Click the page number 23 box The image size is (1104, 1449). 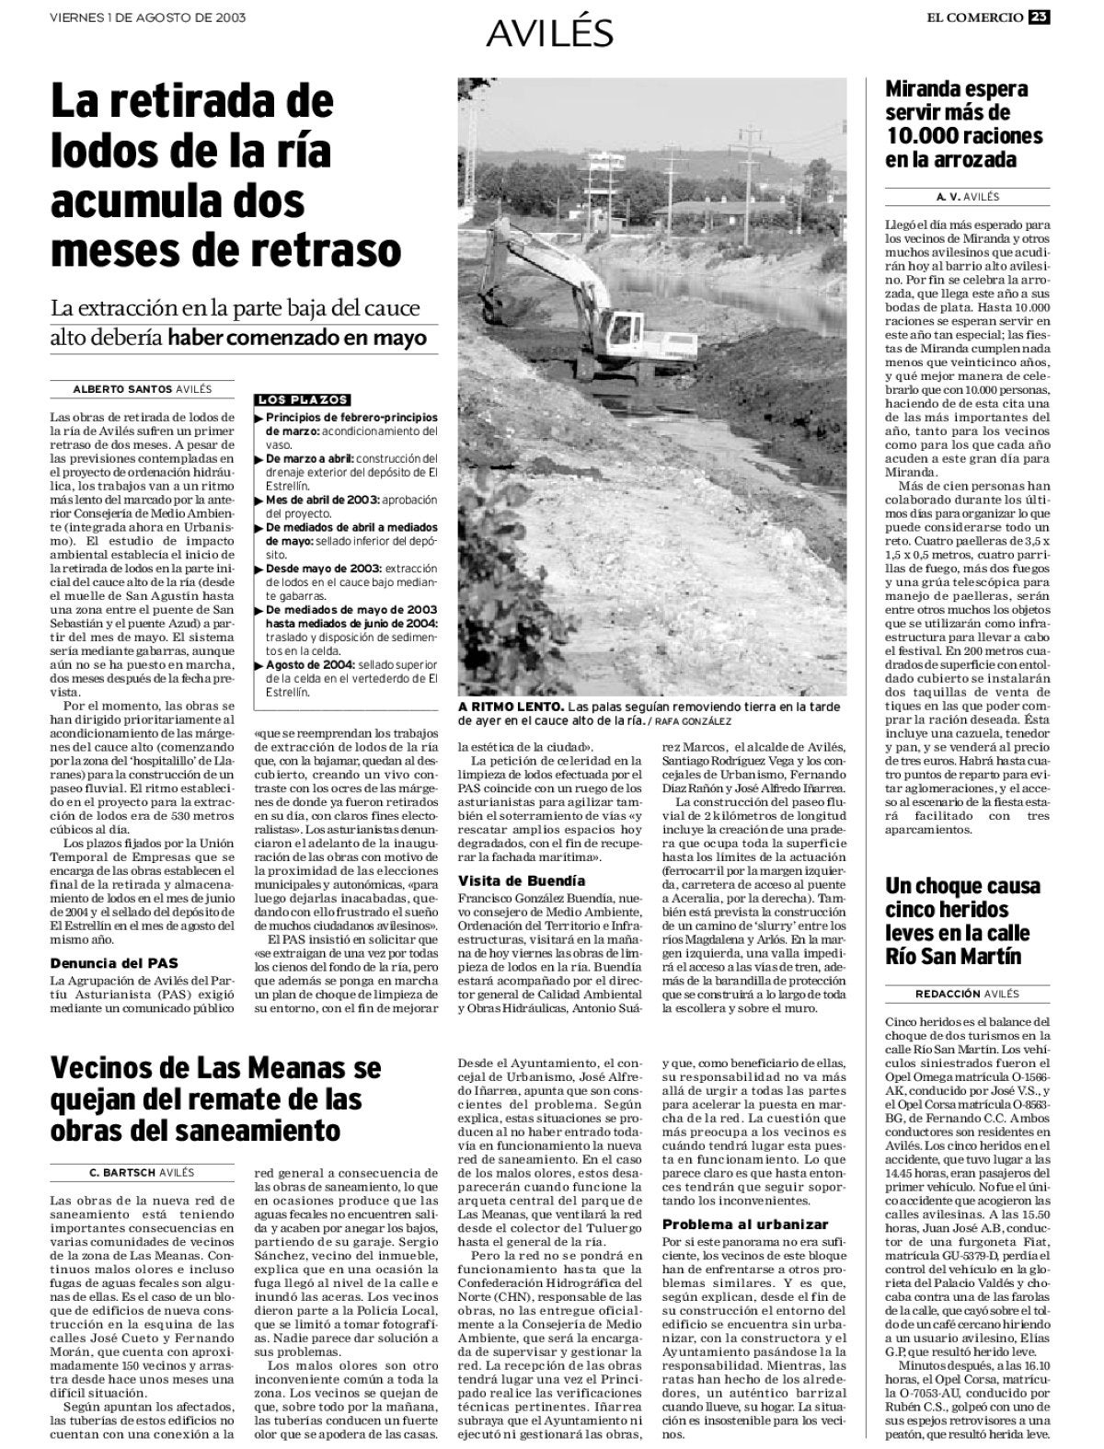1040,17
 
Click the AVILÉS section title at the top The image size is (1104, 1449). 550,33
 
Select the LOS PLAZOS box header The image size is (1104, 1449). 304,400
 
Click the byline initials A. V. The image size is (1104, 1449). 948,197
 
